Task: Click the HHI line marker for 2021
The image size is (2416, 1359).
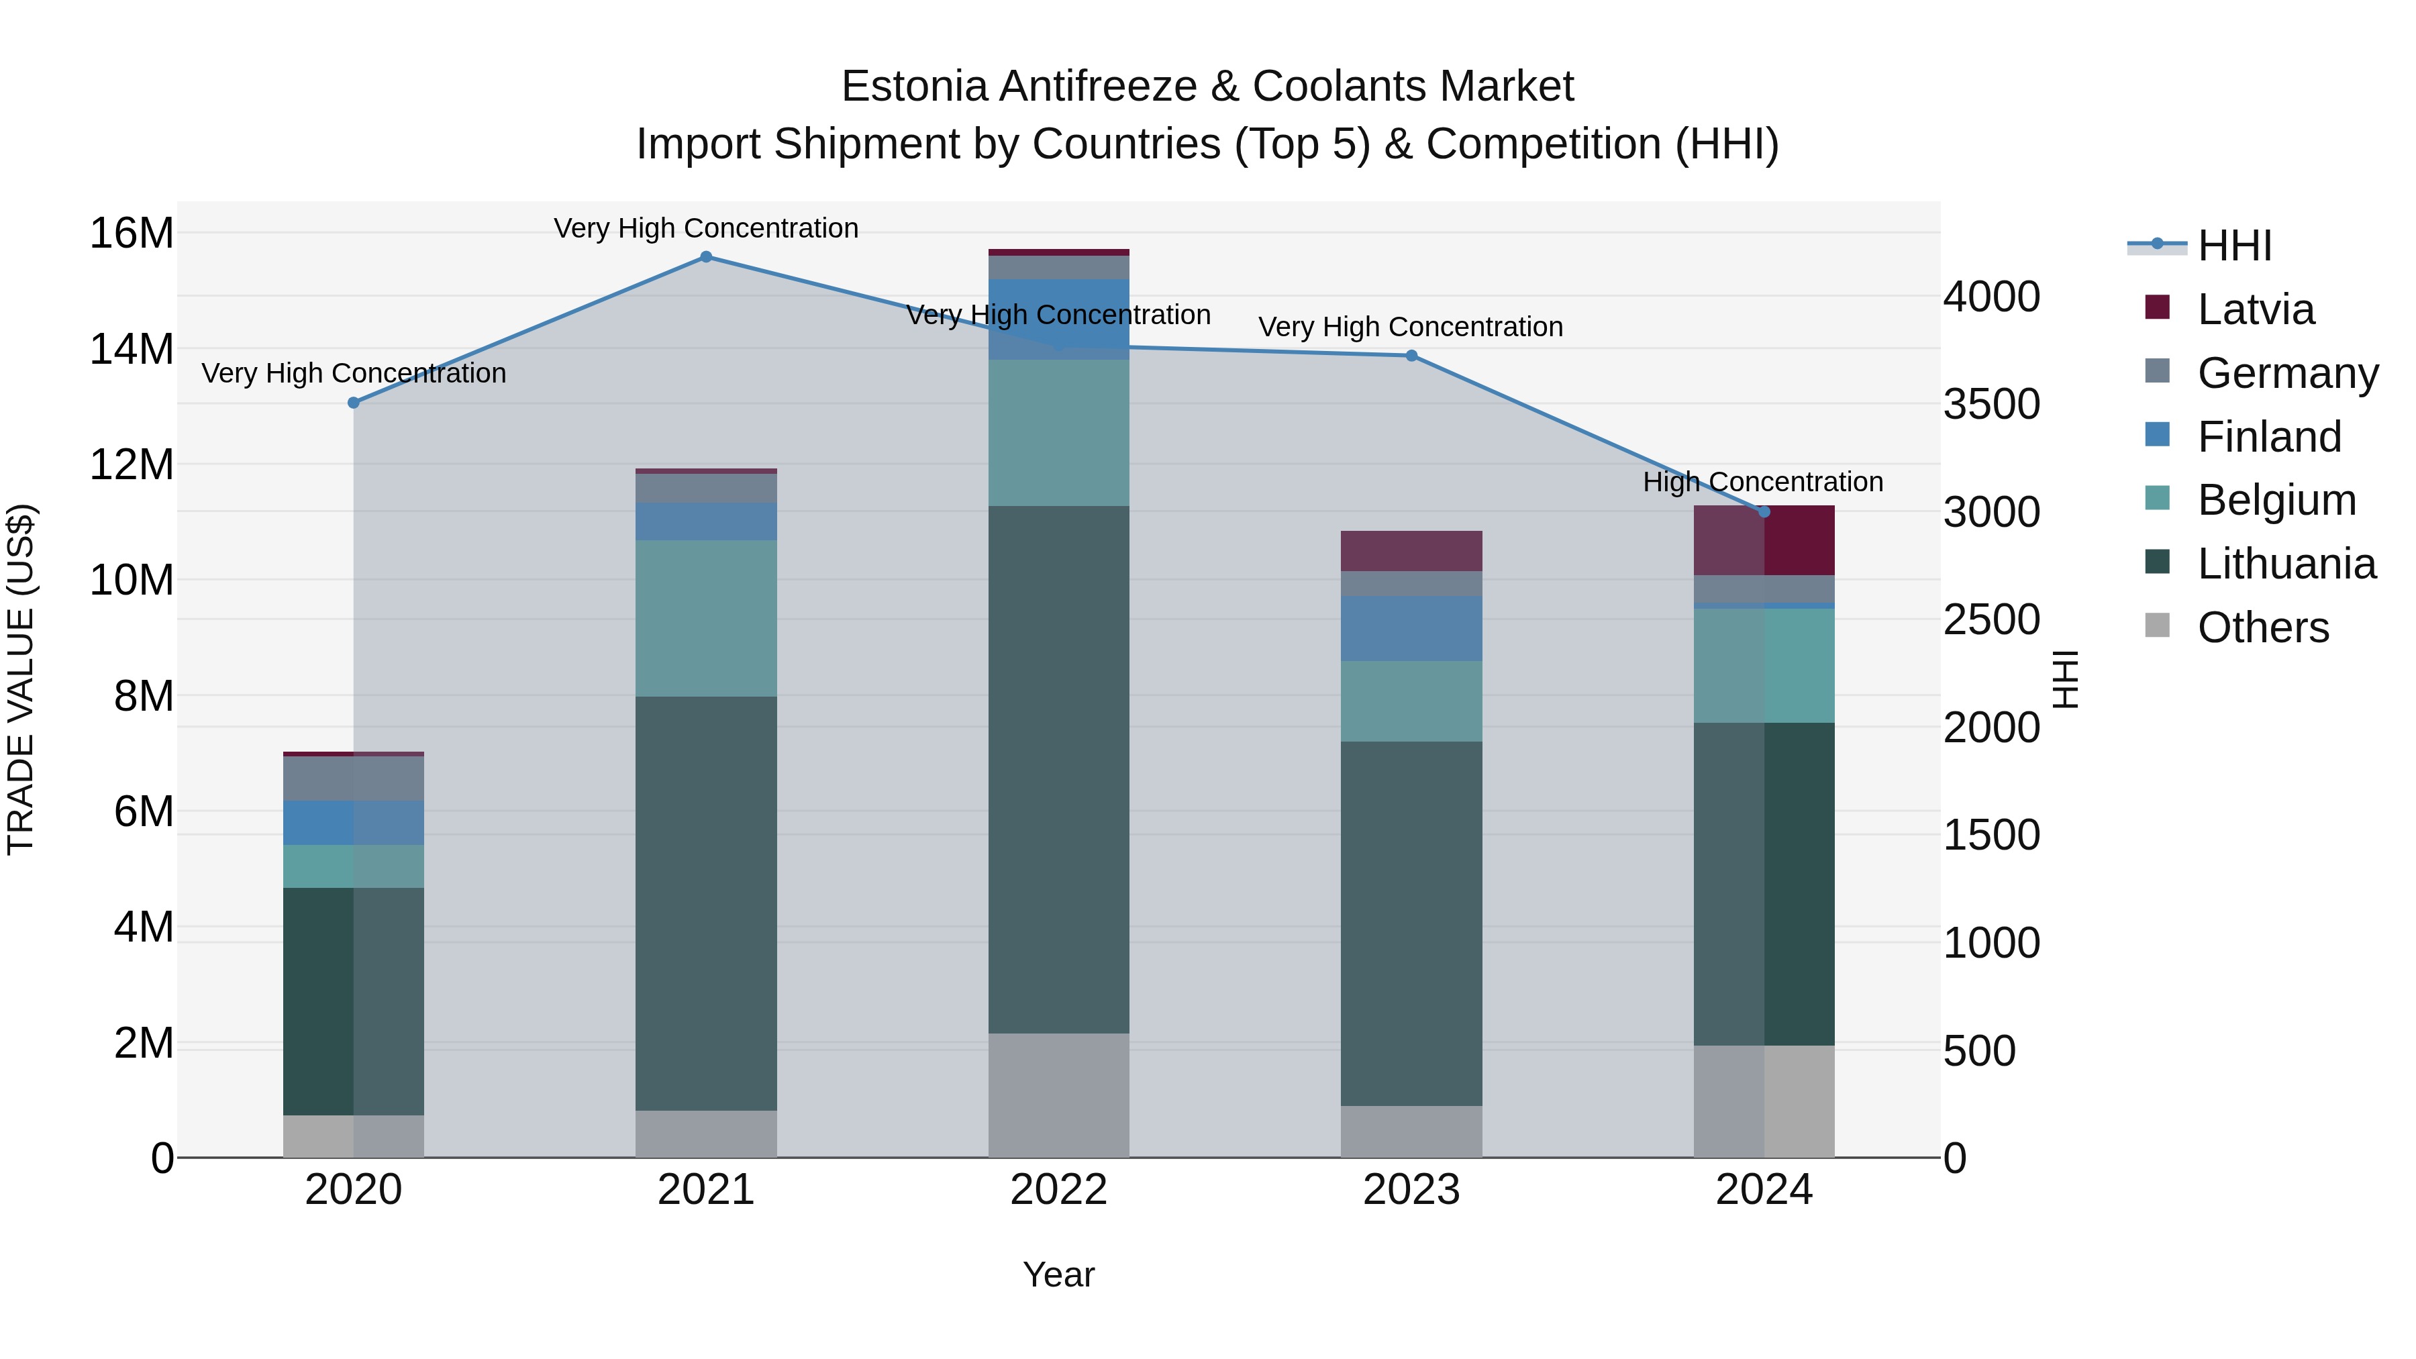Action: click(x=706, y=257)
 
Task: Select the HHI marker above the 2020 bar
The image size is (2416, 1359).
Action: click(x=354, y=403)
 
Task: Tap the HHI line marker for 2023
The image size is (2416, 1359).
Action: click(x=1411, y=356)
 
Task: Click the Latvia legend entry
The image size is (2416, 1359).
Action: click(x=2255, y=309)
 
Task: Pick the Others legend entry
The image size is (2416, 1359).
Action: click(x=2262, y=627)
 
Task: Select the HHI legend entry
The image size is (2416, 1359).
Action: click(x=2234, y=246)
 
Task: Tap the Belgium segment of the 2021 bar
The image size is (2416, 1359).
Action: click(x=706, y=618)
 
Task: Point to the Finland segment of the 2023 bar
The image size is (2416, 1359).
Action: click(x=1411, y=628)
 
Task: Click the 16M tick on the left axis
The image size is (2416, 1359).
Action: click(x=132, y=233)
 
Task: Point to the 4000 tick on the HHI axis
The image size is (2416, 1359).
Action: click(x=1991, y=297)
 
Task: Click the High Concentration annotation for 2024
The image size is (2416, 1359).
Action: click(x=1762, y=482)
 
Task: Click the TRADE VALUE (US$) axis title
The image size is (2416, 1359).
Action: click(x=21, y=679)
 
